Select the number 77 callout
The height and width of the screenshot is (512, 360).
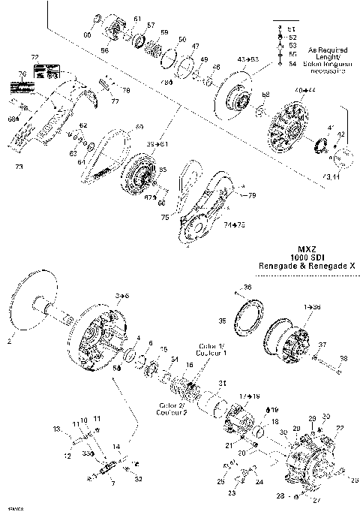click(x=115, y=101)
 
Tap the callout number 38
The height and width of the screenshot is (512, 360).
click(x=344, y=358)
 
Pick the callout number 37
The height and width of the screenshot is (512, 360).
click(x=322, y=344)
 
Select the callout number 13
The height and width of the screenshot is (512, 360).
click(x=56, y=429)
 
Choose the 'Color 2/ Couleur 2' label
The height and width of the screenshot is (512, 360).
click(x=172, y=409)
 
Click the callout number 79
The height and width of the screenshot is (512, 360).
click(x=252, y=195)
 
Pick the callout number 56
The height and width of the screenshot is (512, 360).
click(x=105, y=50)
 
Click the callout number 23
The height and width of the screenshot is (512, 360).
click(x=232, y=495)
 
